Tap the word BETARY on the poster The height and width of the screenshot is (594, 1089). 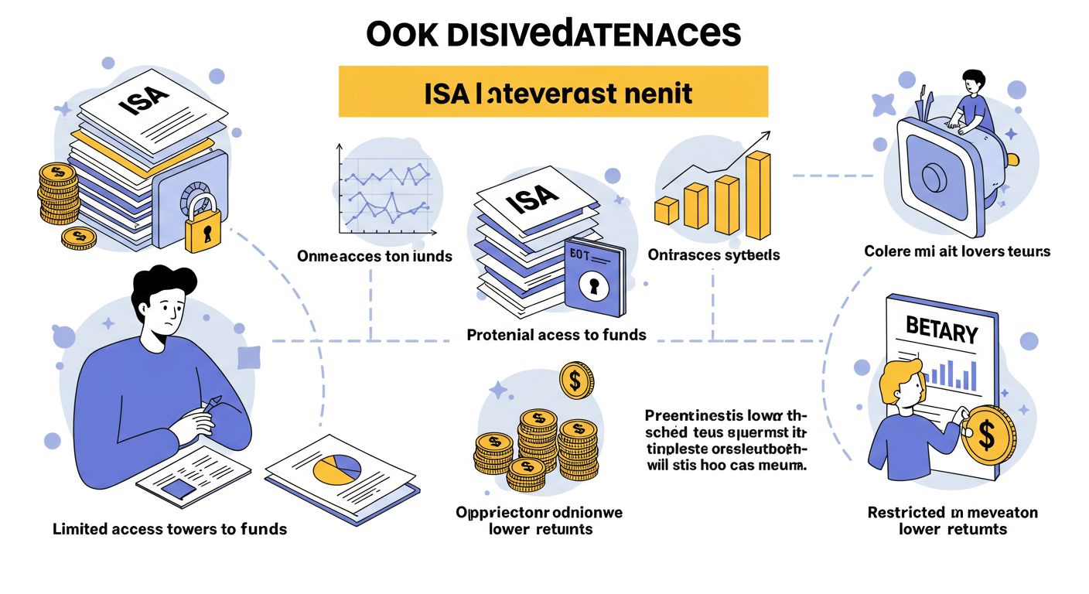coord(940,333)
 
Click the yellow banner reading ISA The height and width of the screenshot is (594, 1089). coord(553,92)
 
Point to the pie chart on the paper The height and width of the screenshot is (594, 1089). coord(337,466)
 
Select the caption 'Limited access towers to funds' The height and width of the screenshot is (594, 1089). coord(169,529)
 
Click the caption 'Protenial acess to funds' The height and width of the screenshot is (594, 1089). coord(556,335)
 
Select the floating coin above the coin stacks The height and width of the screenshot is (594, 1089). coord(576,381)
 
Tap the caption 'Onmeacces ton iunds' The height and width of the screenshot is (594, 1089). coord(374,255)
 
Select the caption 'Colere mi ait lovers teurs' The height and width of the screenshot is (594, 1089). coord(957,251)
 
